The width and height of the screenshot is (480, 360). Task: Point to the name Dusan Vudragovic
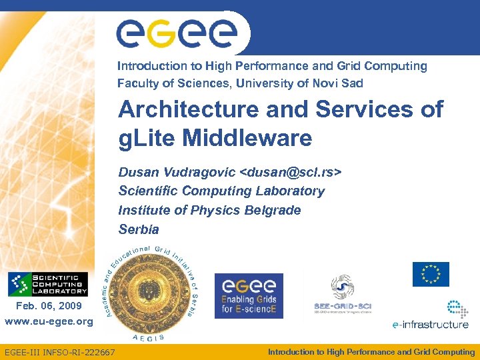(x=177, y=172)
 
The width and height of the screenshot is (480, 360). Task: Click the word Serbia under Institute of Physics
(x=139, y=229)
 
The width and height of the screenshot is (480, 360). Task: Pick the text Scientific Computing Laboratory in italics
(x=221, y=191)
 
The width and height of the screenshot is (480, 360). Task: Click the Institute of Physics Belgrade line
(x=209, y=210)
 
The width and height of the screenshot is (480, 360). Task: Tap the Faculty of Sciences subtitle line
(x=240, y=83)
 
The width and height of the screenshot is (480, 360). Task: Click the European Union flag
(x=431, y=274)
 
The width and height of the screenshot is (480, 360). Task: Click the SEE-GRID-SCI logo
(x=342, y=295)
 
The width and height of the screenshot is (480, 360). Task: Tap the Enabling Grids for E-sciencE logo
(x=249, y=296)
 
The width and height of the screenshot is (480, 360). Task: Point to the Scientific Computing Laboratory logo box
(x=47, y=285)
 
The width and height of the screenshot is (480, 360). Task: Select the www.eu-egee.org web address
(x=49, y=321)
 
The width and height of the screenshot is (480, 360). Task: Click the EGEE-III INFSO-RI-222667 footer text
(x=59, y=352)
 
